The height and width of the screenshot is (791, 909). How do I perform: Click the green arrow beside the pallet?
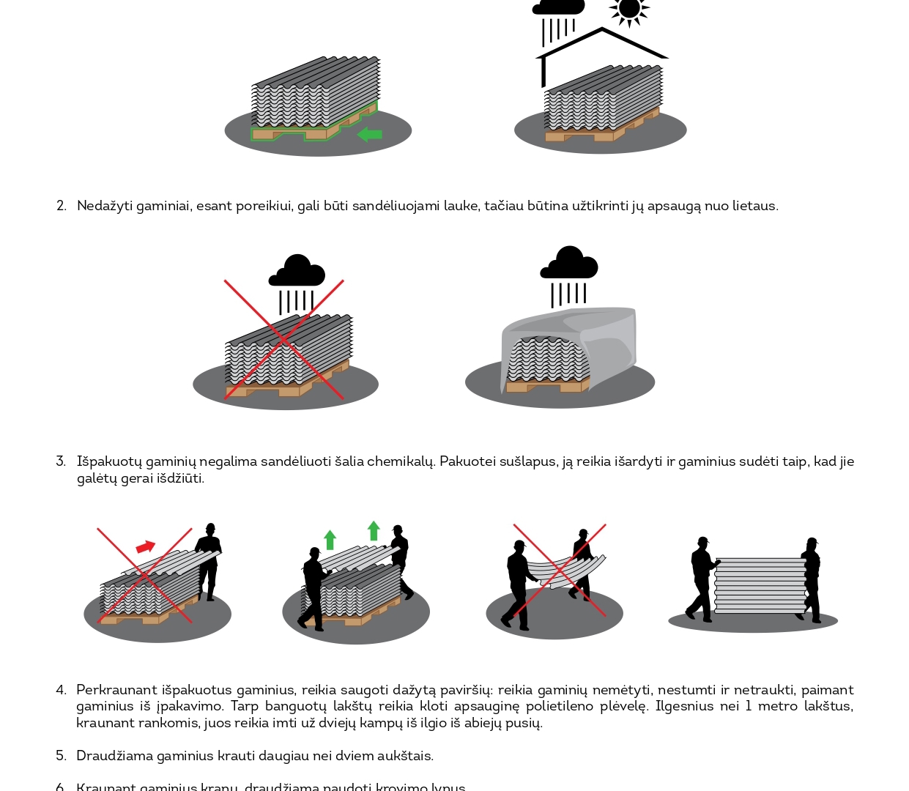click(x=370, y=134)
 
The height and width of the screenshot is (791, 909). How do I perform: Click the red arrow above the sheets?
click(x=146, y=547)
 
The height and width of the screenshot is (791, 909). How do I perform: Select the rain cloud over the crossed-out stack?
click(x=297, y=272)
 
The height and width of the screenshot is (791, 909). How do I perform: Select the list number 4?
click(x=61, y=690)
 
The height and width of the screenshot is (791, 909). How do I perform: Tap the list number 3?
click(x=61, y=461)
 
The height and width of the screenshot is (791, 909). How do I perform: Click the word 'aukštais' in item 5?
click(x=405, y=756)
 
